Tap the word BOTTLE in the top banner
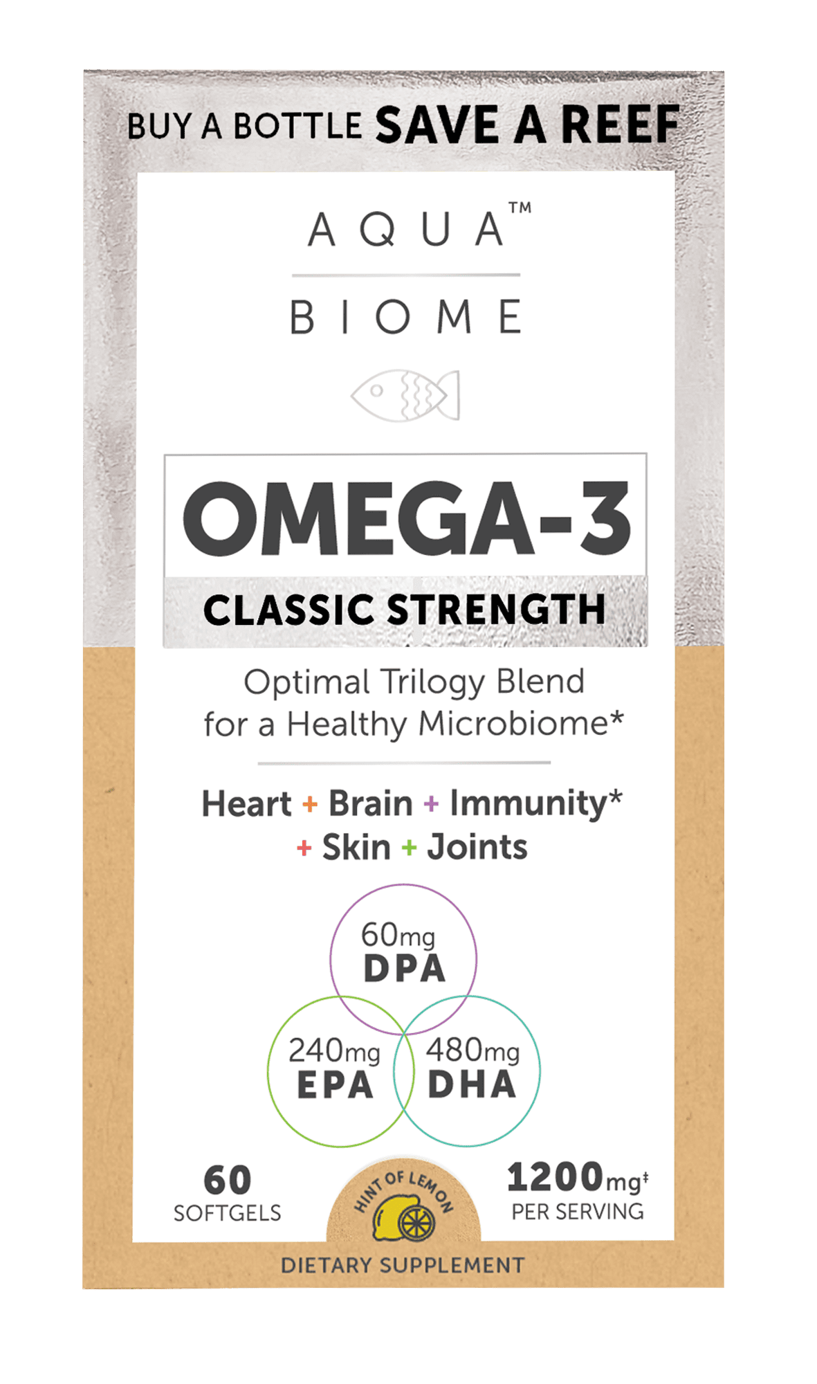(x=297, y=127)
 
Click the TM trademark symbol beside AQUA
(x=520, y=208)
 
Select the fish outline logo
(x=405, y=395)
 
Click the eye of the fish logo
(x=376, y=391)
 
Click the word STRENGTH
(x=495, y=610)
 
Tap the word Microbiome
(x=513, y=725)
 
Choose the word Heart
(x=246, y=804)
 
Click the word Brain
(x=370, y=804)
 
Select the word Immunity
(x=528, y=804)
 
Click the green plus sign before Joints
(x=410, y=848)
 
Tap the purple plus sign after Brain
(x=431, y=804)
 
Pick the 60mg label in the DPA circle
(x=398, y=936)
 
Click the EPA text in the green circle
(x=335, y=1085)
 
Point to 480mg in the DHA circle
(x=472, y=1050)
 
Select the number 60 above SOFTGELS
(x=227, y=1181)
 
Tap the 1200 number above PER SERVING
(x=555, y=1178)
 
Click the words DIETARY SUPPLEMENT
(x=403, y=1265)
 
